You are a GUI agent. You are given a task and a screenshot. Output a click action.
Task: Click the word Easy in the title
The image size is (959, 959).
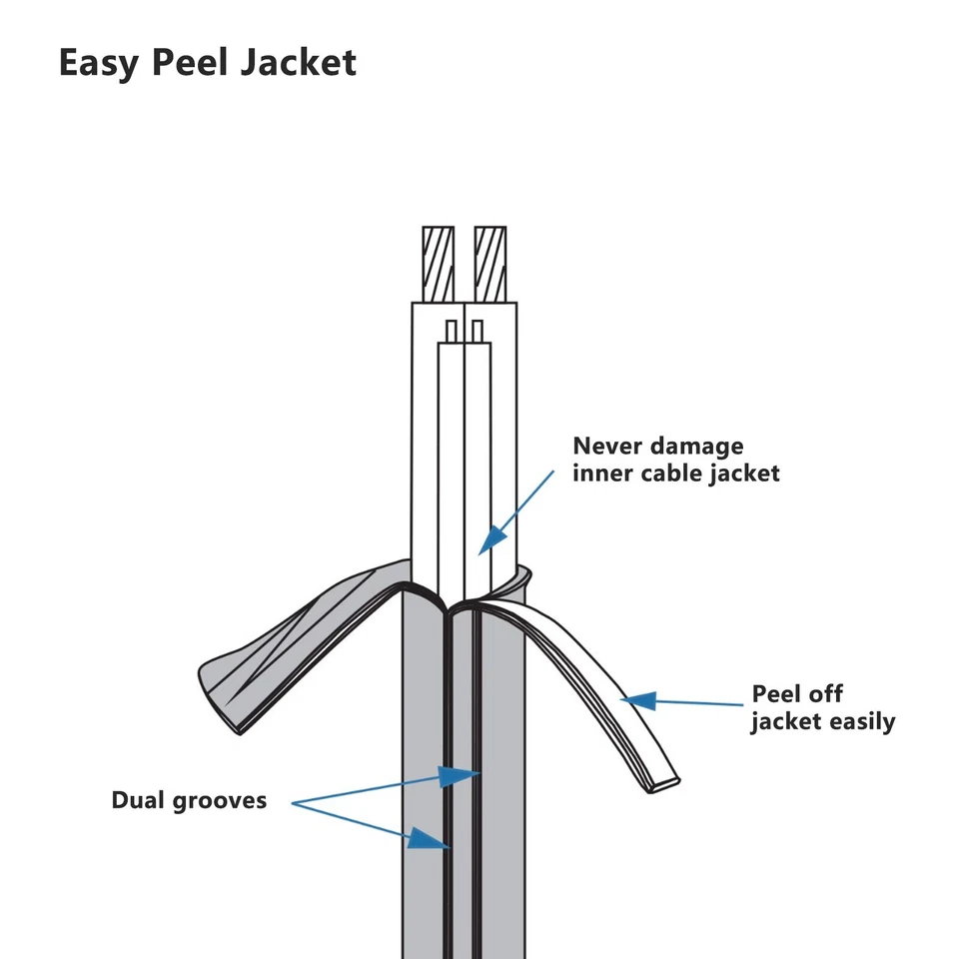coord(99,63)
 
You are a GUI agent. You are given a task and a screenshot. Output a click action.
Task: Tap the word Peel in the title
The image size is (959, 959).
coord(190,62)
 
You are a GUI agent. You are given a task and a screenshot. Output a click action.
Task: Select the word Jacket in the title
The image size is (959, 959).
coord(299,62)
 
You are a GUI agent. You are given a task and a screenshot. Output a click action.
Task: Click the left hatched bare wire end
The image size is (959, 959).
coord(438,264)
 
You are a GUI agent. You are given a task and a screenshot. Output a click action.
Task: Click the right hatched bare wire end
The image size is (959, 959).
coord(490,264)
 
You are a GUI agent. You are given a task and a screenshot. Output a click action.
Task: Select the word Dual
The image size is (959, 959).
coord(138,800)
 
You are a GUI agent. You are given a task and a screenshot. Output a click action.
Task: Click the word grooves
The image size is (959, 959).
coord(220,802)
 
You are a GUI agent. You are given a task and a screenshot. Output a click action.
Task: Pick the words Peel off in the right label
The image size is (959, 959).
coord(797,694)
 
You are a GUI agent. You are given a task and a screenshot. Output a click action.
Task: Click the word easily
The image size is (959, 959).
coord(862,722)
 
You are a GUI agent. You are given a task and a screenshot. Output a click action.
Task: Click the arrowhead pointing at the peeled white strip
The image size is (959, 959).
coord(639,701)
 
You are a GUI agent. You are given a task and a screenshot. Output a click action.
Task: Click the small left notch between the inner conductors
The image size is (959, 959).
coord(452,331)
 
